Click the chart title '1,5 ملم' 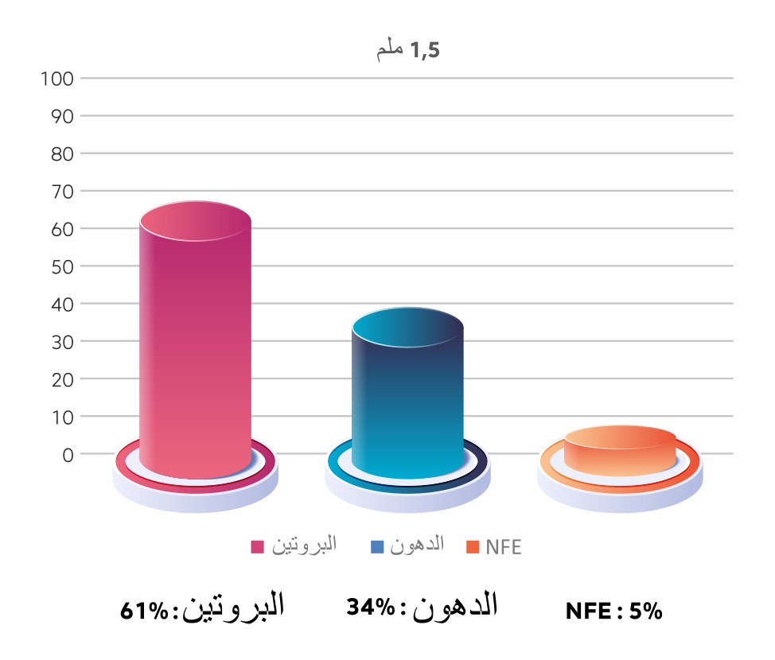point(408,51)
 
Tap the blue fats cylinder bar point(407,398)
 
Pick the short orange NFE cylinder point(620,452)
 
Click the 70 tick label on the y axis point(61,192)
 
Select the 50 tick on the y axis point(61,266)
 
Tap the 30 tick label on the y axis point(61,342)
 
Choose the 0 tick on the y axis point(67,455)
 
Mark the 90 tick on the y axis point(61,116)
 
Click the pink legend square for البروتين point(258,547)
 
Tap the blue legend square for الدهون point(377,547)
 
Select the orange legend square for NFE point(473,547)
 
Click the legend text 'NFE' point(503,547)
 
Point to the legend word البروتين point(305,545)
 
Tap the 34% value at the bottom point(370,608)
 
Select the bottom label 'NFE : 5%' point(613,611)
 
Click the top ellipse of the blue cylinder point(407,327)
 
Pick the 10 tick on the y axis point(61,417)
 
